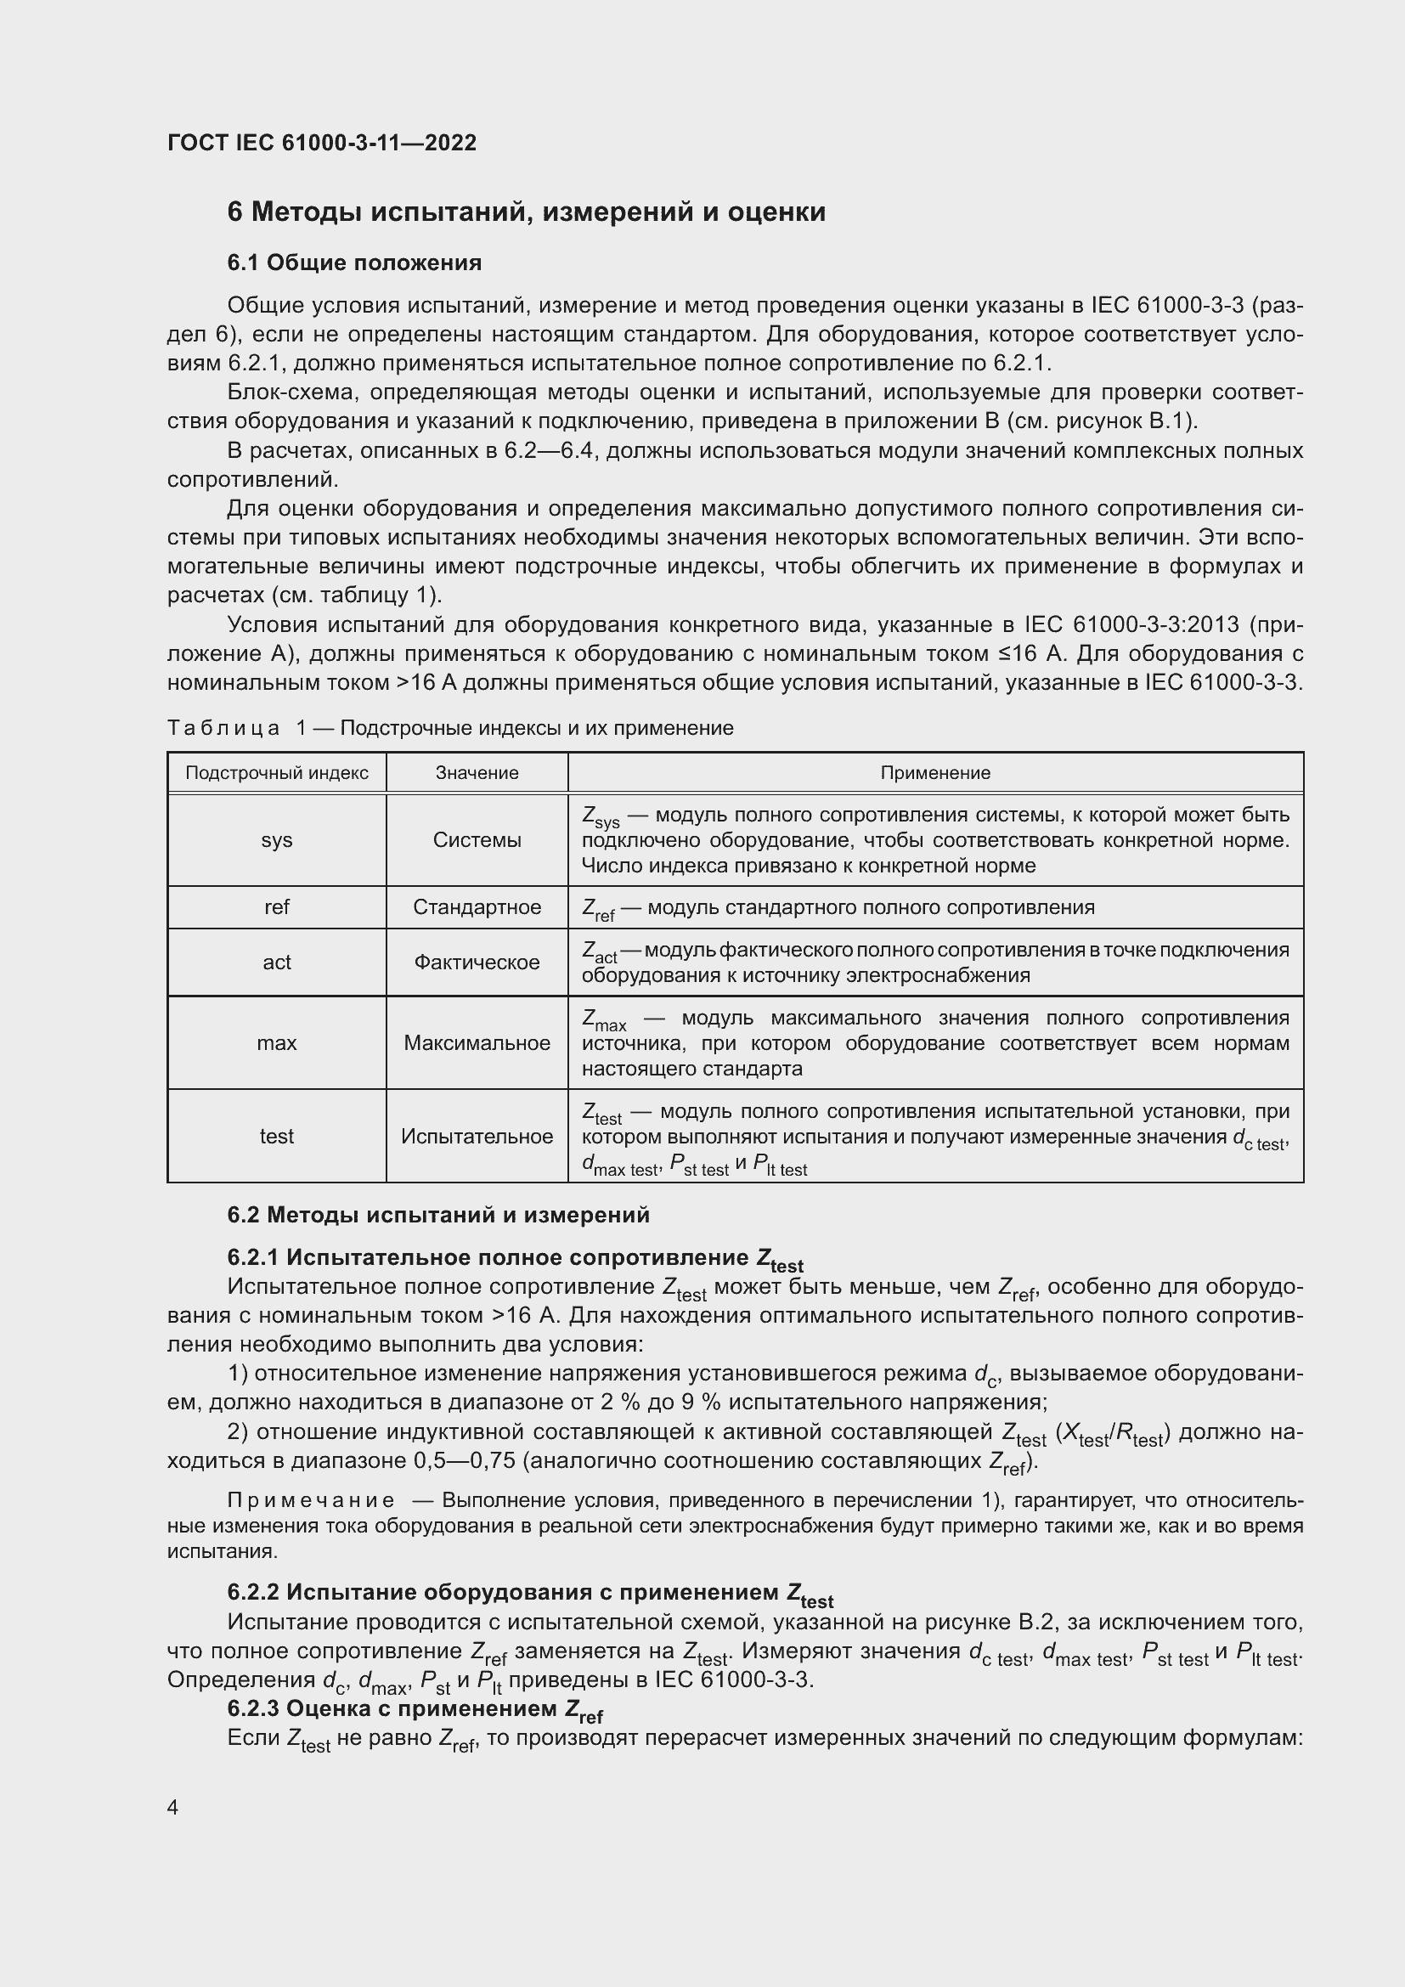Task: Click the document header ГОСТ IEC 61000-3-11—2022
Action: pos(321,143)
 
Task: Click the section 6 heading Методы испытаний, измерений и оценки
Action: pos(526,212)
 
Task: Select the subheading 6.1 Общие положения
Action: pos(354,262)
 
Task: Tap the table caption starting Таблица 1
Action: pos(450,728)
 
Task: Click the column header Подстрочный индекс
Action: pos(277,773)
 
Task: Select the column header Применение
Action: pos(935,773)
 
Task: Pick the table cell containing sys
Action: pos(277,840)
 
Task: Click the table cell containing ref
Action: pos(277,907)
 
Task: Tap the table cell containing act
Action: pos(277,962)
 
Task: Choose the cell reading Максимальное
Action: pos(477,1043)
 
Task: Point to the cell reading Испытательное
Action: pos(477,1137)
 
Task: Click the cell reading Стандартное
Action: pos(477,907)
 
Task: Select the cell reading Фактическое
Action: pos(477,962)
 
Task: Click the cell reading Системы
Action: pos(477,840)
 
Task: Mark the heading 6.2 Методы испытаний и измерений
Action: pos(437,1215)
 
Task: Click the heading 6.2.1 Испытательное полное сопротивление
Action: pos(515,1258)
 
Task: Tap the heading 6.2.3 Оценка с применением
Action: pos(415,1709)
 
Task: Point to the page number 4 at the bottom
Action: pos(173,1808)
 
